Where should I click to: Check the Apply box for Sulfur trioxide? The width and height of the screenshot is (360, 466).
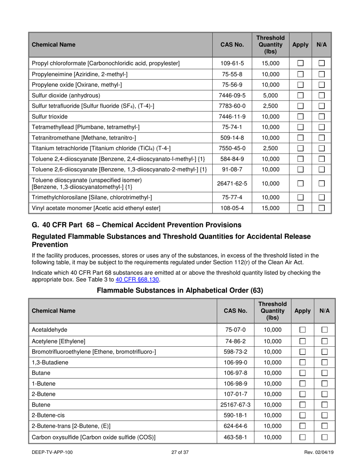(300, 117)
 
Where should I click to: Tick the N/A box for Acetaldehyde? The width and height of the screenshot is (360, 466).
(324, 330)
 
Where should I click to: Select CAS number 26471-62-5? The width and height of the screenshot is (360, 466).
(232, 184)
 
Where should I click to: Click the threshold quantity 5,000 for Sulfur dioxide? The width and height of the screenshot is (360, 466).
(270, 95)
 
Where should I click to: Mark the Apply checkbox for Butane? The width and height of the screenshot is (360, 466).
(302, 373)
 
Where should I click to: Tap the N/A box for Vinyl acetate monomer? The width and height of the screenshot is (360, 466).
(321, 208)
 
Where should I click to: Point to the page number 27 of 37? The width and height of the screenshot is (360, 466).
(180, 452)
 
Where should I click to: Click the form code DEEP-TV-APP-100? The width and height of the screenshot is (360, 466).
(52, 452)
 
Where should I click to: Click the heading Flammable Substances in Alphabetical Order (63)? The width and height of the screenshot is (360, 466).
(180, 291)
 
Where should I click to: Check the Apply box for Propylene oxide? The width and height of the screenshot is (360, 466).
(300, 85)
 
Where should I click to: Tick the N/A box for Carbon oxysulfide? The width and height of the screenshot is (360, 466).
(324, 437)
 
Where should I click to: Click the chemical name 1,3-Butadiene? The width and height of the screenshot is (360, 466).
(50, 362)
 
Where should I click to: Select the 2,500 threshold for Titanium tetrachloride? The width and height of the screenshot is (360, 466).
(270, 149)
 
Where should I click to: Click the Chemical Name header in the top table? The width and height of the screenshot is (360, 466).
(53, 45)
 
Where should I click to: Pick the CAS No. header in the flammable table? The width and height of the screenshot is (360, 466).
(235, 311)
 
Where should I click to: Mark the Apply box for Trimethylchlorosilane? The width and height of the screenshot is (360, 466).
(300, 197)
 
